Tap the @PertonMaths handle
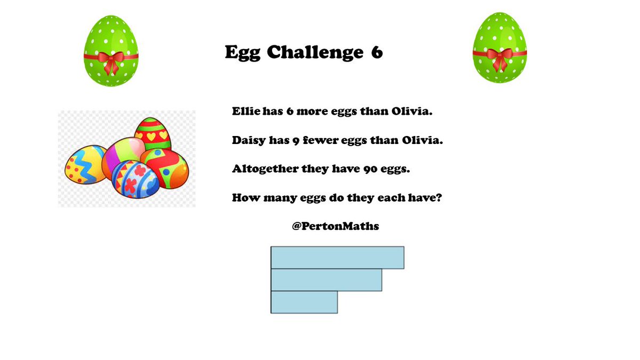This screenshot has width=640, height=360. coord(335,226)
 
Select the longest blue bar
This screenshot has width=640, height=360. coord(337,258)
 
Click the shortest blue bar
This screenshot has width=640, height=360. coord(304,302)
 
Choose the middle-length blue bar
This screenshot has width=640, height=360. coord(326,280)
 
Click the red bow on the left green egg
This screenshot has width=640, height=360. coord(111,60)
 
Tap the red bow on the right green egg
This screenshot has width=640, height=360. coord(499,57)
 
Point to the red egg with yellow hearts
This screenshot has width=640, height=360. coord(153,133)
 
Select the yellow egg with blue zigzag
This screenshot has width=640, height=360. coord(84,164)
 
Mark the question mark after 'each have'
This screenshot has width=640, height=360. coord(439,198)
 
